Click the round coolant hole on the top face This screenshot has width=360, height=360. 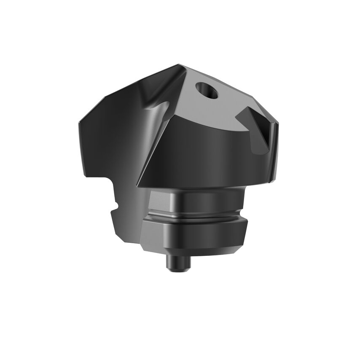(207, 90)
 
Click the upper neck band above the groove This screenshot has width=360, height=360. (196, 200)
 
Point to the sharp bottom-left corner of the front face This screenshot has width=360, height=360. (139, 186)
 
